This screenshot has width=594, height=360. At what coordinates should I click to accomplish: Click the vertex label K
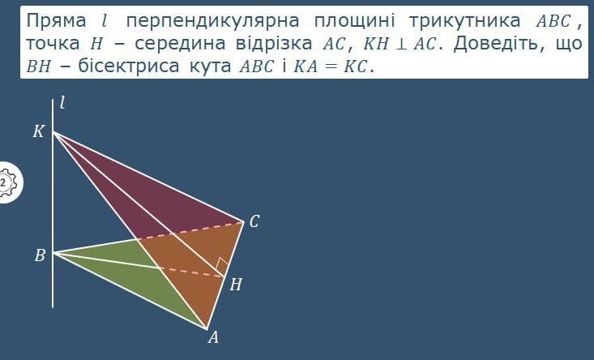(x=38, y=131)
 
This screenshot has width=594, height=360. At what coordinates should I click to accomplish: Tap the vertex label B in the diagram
(x=40, y=255)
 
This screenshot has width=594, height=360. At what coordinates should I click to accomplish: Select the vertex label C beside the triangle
(x=254, y=221)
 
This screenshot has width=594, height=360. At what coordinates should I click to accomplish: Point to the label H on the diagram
(x=236, y=285)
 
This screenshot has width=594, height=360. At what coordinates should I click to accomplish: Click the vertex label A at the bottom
(x=213, y=336)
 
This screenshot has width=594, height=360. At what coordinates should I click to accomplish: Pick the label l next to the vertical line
(x=62, y=102)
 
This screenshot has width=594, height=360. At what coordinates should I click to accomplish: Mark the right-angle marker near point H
(x=222, y=264)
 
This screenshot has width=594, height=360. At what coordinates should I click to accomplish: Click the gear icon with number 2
(x=6, y=182)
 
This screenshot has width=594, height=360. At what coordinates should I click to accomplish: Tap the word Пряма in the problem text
(x=56, y=20)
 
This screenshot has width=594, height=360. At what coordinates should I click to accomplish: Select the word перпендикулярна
(x=212, y=20)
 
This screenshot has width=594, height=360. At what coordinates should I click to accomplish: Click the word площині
(x=354, y=20)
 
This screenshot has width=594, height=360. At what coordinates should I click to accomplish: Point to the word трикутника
(x=465, y=20)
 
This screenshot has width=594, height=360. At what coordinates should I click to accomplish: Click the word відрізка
(x=274, y=44)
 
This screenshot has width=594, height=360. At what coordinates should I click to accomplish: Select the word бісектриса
(x=129, y=66)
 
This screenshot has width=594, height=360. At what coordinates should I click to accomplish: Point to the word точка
(x=53, y=44)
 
